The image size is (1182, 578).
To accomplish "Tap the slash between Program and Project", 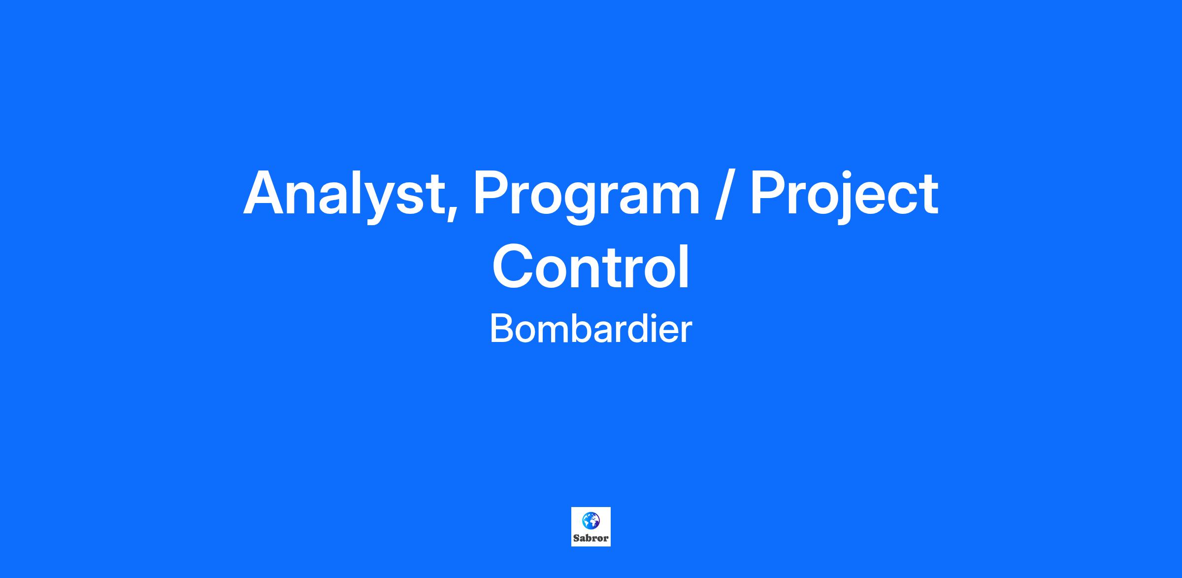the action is pyautogui.click(x=724, y=194).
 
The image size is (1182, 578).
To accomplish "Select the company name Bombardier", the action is pyautogui.click(x=591, y=329).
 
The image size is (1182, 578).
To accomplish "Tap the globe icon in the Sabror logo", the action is pyautogui.click(x=591, y=520).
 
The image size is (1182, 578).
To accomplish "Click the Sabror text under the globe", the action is pyautogui.click(x=591, y=538).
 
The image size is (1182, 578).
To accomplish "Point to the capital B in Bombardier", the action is pyautogui.click(x=501, y=329).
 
